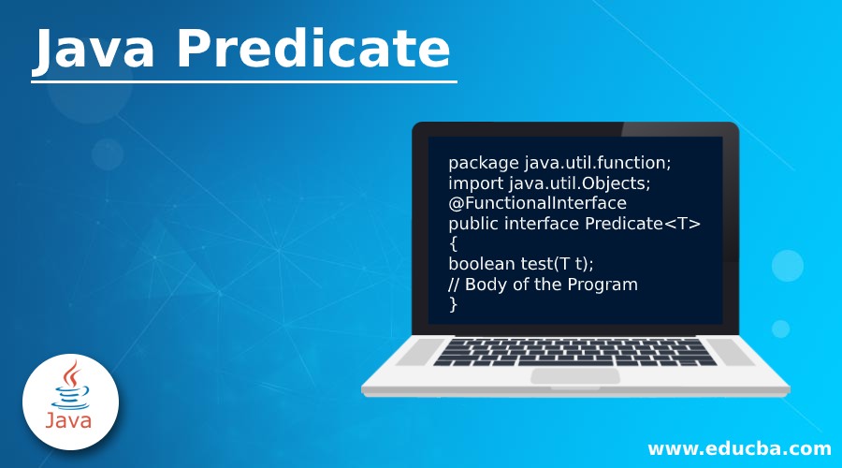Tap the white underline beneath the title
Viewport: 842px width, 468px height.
(x=243, y=81)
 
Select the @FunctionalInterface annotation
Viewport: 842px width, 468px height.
(x=537, y=202)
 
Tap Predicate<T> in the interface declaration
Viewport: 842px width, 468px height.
(x=643, y=223)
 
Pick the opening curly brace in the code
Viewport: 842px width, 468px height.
(x=453, y=243)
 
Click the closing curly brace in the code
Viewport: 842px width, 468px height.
(x=453, y=304)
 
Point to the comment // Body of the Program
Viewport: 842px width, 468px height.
(x=543, y=284)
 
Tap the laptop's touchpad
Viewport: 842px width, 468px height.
(x=574, y=376)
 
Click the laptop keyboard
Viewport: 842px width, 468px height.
(x=574, y=352)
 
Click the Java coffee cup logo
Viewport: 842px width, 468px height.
(x=69, y=388)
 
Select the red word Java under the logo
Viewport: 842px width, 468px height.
(x=69, y=420)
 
